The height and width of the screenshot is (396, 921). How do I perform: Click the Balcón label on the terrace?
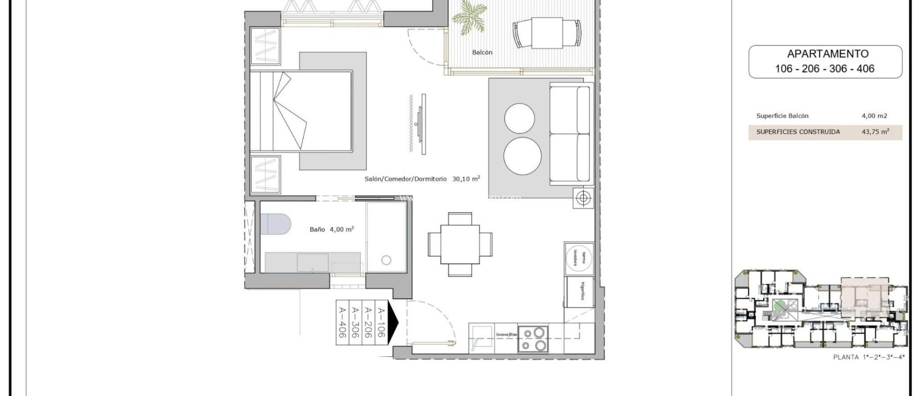coord(482,53)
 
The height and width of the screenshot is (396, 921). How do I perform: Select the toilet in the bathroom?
coord(275,224)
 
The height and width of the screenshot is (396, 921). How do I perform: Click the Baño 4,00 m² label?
coord(331,229)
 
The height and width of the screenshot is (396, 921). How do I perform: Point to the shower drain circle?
coord(386,260)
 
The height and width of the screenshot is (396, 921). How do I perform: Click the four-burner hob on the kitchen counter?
coord(533,339)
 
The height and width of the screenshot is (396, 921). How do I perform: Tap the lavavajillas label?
coord(506,334)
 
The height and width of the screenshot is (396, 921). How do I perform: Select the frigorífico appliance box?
coord(580,291)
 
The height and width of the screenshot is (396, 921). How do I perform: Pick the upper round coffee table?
coord(519,118)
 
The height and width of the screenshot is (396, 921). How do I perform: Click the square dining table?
coord(460,244)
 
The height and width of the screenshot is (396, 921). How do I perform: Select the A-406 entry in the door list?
coord(342,322)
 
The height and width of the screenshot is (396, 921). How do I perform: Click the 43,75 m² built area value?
coord(875,132)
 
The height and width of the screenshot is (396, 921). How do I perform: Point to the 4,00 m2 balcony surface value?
coord(874,116)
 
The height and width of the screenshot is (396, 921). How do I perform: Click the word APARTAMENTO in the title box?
coord(827,54)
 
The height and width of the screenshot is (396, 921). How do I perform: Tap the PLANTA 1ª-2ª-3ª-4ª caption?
coord(868,357)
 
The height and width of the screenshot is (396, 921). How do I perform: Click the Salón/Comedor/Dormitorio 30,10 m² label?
coord(422,179)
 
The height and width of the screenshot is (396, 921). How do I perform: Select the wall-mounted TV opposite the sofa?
coord(423,124)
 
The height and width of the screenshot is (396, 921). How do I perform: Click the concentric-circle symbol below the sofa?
coord(583,198)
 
